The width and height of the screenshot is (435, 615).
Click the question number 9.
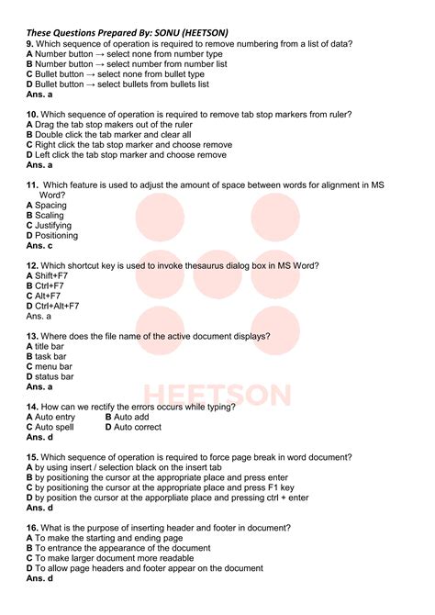30,44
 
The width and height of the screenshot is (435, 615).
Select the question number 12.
32,265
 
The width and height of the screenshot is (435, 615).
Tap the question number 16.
32,528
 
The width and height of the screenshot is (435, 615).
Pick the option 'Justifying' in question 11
53,226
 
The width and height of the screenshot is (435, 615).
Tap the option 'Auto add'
131,417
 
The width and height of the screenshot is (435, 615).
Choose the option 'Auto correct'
137,427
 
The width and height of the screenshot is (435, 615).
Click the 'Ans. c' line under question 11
39,246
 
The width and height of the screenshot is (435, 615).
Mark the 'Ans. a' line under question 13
39,386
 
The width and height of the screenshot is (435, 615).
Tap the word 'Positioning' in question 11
56,236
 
